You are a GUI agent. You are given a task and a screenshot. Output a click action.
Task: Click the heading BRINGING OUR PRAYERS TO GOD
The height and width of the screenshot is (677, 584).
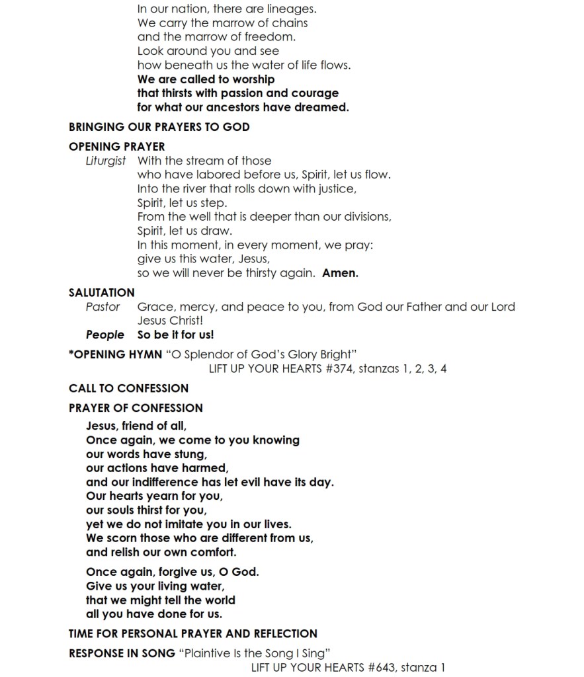(x=159, y=126)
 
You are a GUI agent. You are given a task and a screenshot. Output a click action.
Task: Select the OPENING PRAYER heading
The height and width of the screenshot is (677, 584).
(x=116, y=146)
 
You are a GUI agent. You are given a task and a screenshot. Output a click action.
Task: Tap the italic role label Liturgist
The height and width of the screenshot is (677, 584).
(x=105, y=161)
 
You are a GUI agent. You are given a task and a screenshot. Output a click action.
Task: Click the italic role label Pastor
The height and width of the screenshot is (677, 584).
(x=103, y=307)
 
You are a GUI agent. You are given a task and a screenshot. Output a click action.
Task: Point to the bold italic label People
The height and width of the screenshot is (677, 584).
(x=104, y=335)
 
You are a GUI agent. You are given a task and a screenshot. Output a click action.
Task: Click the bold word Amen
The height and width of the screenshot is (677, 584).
(x=340, y=273)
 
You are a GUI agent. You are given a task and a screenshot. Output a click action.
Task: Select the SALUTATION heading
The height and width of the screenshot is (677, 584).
(x=101, y=292)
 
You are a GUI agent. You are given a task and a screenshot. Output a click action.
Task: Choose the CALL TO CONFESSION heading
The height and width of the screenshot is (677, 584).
(x=128, y=388)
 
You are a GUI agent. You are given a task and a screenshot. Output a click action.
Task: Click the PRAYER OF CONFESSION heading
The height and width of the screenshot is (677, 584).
(x=136, y=408)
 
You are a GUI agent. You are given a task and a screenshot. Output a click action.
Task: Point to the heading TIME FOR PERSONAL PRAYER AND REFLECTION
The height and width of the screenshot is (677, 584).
(x=192, y=633)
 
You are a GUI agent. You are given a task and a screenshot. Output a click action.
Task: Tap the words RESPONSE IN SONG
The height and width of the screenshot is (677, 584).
(x=122, y=653)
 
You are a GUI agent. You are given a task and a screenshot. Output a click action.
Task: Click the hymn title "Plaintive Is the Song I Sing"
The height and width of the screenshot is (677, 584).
(x=255, y=653)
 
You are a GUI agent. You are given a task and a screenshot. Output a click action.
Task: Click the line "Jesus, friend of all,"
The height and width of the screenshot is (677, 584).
(x=136, y=426)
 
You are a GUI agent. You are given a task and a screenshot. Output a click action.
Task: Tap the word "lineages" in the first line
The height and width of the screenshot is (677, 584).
(x=291, y=9)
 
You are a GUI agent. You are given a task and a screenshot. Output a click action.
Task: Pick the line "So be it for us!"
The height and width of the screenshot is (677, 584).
(x=175, y=335)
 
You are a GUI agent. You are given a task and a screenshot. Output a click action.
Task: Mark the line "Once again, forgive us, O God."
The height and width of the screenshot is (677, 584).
(x=172, y=572)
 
